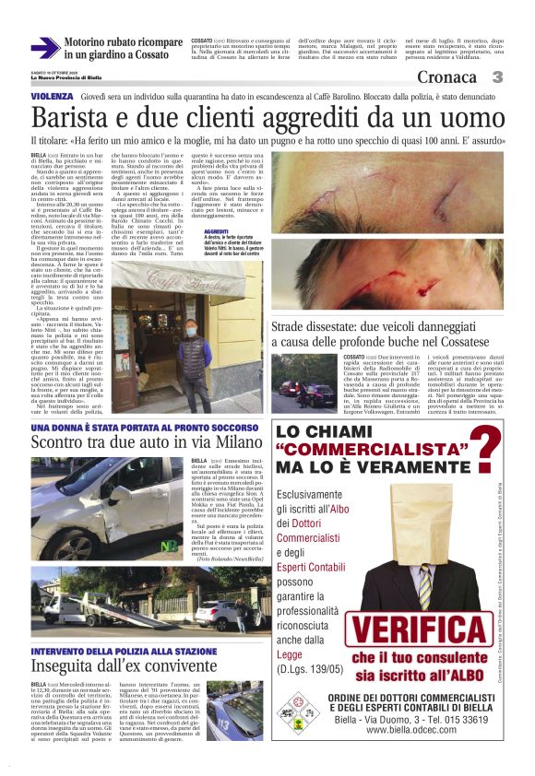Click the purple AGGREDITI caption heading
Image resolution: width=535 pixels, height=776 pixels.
pyautogui.click(x=216, y=231)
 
